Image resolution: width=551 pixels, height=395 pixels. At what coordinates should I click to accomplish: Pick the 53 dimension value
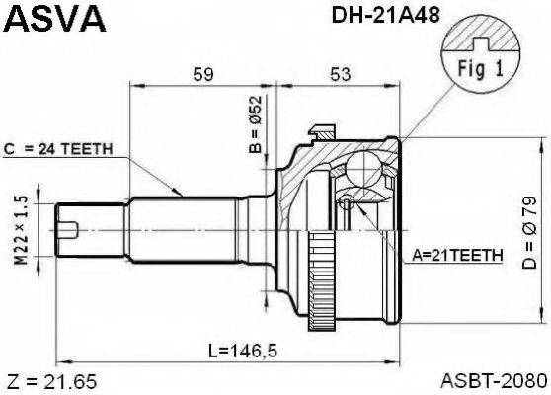click(x=340, y=73)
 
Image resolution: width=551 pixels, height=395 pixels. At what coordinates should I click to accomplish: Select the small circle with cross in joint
click(x=347, y=203)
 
